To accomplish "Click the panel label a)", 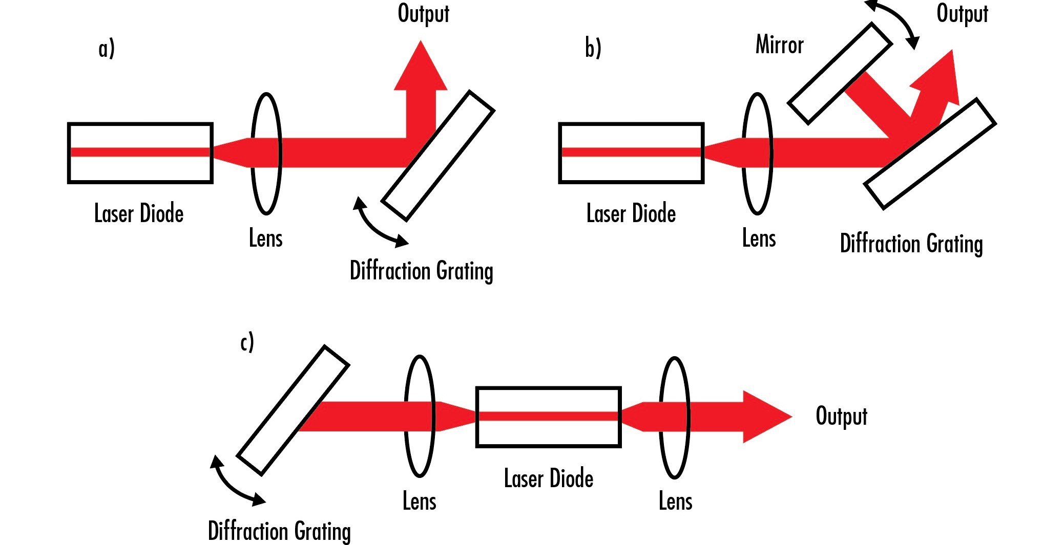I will (x=107, y=49).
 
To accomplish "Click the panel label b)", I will (x=593, y=48).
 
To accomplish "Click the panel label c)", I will (x=247, y=342).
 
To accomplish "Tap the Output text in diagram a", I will (x=423, y=13).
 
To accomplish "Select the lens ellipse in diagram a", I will (x=266, y=154).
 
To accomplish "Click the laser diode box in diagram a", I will (x=140, y=153).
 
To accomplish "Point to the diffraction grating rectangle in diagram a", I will (x=438, y=156).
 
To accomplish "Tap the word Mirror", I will (x=779, y=45).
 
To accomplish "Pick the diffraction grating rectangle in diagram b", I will (x=930, y=154).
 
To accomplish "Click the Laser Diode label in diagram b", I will (x=631, y=213).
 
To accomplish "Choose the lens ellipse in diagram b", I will (x=757, y=154).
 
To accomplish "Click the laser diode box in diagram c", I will (x=548, y=417).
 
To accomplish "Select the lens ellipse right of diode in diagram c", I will (x=674, y=417).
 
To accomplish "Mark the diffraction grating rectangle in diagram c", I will (x=293, y=410).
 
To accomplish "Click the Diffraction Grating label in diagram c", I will (x=279, y=531).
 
